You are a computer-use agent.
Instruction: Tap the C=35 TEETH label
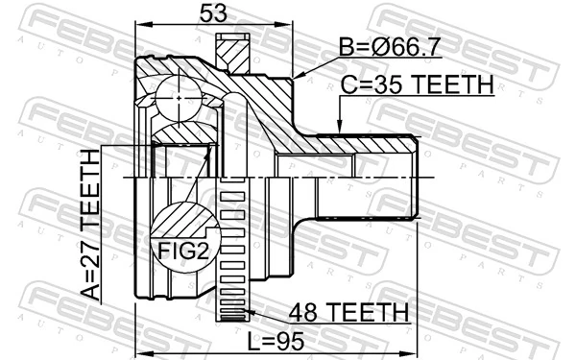click(x=417, y=85)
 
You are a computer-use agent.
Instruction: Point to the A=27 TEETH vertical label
click(x=89, y=225)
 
